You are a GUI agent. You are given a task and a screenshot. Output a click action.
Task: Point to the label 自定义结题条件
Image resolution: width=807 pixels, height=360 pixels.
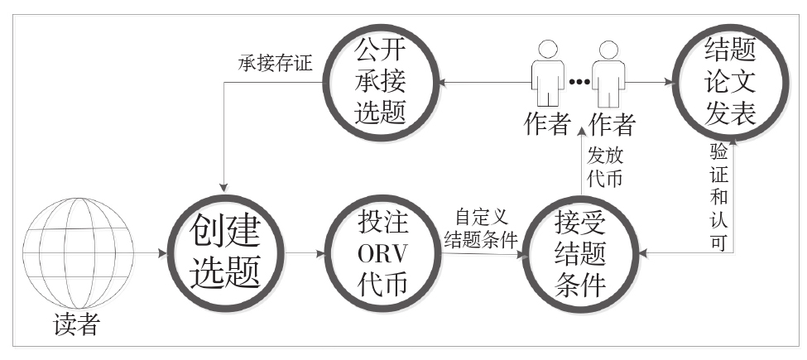click(481, 231)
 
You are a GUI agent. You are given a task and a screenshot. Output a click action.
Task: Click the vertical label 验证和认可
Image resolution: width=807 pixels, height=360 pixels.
click(718, 195)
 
